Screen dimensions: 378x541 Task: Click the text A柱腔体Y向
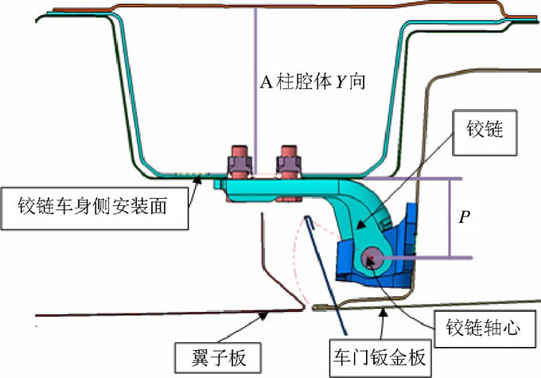click(x=313, y=82)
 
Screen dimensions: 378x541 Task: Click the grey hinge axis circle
click(x=372, y=256)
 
